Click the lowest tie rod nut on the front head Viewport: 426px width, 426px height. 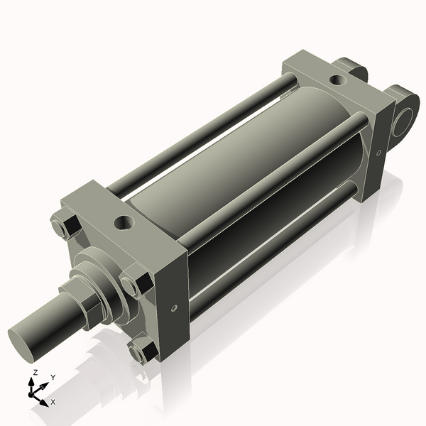[x=142, y=351]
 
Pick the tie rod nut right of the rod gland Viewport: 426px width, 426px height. [x=134, y=284]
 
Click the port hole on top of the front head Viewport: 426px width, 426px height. [x=124, y=223]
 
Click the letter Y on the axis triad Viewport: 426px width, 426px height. [x=53, y=377]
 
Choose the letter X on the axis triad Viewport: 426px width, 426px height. [x=53, y=402]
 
